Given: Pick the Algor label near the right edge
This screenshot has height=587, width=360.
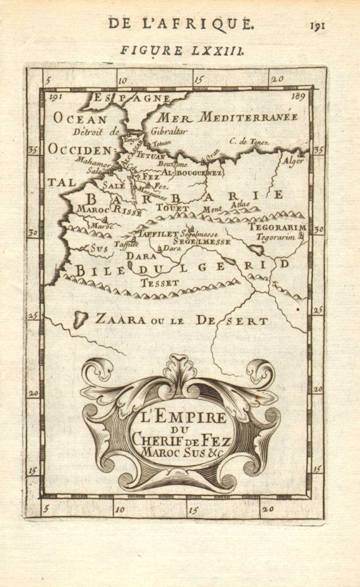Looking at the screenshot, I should point(292,161).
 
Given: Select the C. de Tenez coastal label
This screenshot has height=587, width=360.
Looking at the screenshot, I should point(249,140).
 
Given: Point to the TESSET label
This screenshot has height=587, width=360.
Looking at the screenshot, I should point(160,283).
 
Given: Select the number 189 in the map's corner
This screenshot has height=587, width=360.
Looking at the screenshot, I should point(298,97).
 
